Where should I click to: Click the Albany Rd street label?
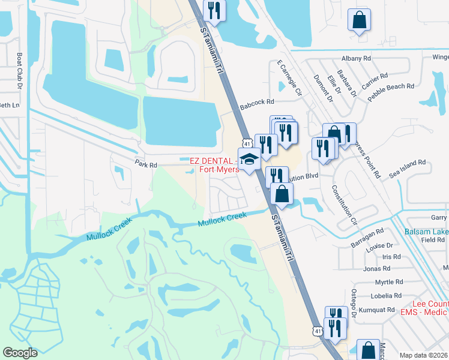pos(356,58)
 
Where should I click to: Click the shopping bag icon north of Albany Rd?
pos(359,20)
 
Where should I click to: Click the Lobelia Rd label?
pos(387,296)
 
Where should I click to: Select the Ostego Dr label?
pos(354,302)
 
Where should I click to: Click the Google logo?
pos(20,353)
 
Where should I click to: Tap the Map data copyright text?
pos(424,355)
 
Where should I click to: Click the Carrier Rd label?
pos(375,80)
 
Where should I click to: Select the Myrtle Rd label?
pos(388,282)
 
